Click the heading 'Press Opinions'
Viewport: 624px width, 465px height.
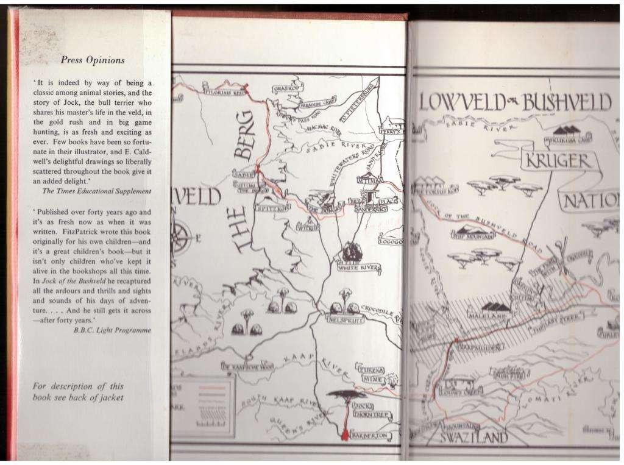click(93, 60)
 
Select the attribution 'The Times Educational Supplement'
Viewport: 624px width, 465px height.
click(96, 191)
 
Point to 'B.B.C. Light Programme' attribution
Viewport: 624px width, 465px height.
click(112, 330)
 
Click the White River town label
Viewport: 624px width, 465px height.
click(359, 268)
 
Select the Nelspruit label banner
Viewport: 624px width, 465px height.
click(346, 318)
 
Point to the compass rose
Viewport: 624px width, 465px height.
click(181, 236)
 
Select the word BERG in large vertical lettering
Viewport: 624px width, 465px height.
click(244, 135)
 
